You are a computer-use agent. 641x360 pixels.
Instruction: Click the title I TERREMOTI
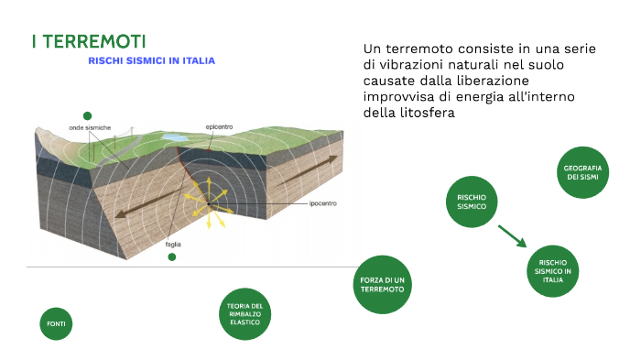(88, 42)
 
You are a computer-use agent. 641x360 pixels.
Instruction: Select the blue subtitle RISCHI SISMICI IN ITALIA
(152, 61)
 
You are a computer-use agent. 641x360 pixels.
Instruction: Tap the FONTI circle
(57, 324)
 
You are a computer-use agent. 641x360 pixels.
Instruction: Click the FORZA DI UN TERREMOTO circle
(383, 284)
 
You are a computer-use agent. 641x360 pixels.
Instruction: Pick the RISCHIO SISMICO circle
(472, 202)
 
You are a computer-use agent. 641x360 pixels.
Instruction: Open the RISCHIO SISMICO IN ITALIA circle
(553, 266)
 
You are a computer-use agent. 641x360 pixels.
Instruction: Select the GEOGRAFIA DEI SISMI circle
(583, 171)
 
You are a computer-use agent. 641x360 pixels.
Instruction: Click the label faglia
(173, 245)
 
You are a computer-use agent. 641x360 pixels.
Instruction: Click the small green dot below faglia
(171, 257)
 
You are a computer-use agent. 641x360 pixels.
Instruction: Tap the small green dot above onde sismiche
(87, 115)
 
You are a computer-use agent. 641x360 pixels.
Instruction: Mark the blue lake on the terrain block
(172, 136)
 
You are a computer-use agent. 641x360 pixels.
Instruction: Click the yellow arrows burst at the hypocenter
(209, 196)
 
